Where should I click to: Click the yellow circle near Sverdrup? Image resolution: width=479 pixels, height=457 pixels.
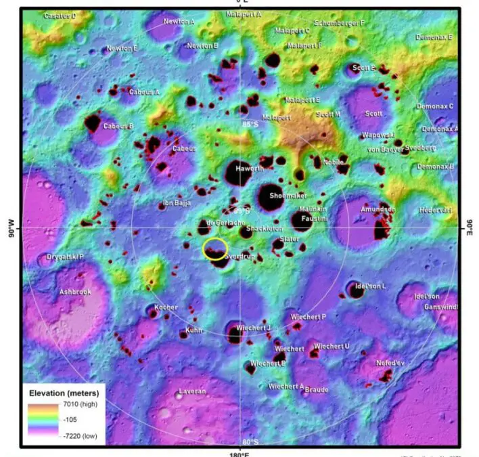(x=215, y=248)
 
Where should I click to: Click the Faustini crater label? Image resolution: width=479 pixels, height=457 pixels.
(x=314, y=219)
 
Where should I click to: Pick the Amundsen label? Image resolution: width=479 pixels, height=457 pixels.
(x=378, y=210)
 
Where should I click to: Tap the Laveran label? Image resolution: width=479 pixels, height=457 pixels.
(x=191, y=392)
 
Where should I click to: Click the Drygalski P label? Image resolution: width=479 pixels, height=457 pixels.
(x=65, y=257)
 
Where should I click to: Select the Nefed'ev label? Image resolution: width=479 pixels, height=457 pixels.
(x=389, y=362)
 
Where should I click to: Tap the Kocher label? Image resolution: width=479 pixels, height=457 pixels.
(x=166, y=307)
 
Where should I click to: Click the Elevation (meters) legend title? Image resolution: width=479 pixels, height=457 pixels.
(x=64, y=393)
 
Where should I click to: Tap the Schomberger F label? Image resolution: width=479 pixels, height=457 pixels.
(x=340, y=23)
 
